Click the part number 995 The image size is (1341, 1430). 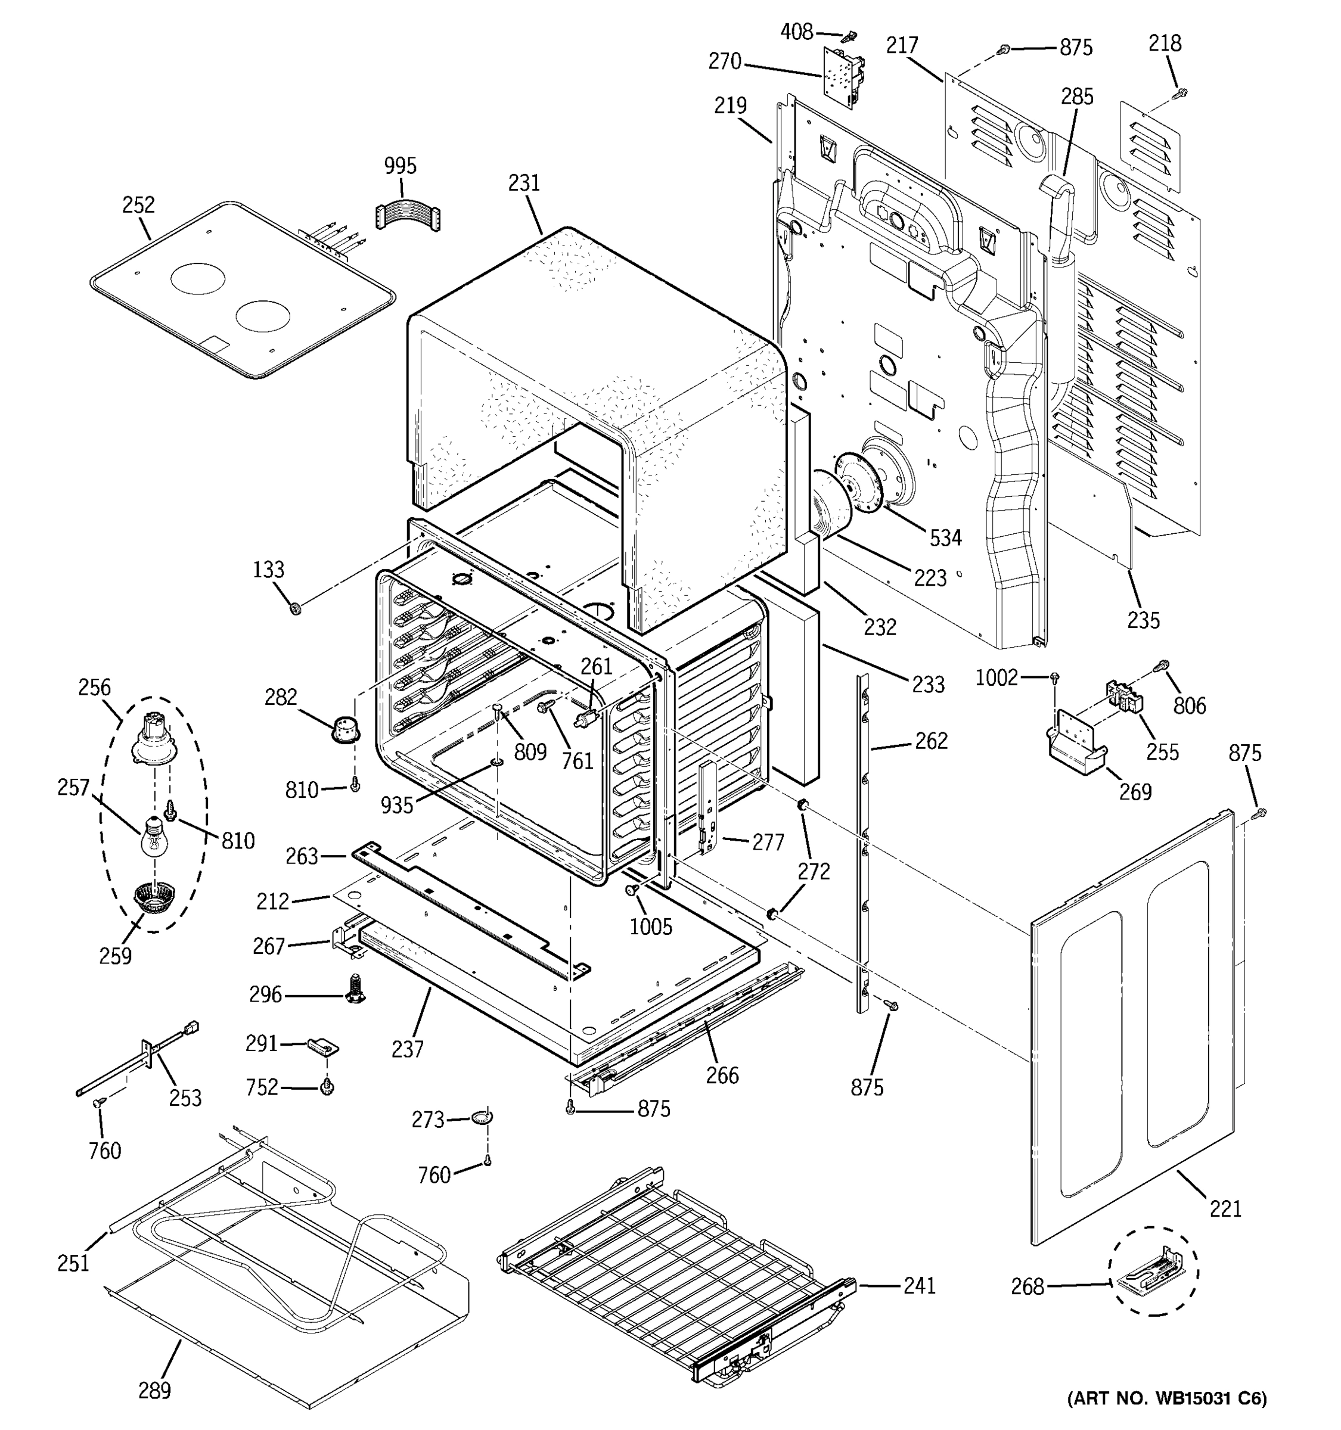coord(400,166)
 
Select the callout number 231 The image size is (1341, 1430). coord(524,183)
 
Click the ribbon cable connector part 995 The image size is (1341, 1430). coord(408,215)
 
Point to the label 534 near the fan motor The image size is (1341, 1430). coord(945,537)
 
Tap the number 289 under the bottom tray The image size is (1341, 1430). coord(155,1391)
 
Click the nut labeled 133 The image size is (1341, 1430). coord(294,610)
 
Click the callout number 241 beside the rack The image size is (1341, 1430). coord(920,1285)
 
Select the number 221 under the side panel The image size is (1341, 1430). coord(1225,1209)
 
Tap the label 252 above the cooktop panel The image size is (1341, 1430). coord(138,205)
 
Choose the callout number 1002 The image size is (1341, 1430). coord(997,677)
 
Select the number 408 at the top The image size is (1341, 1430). coord(797,32)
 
